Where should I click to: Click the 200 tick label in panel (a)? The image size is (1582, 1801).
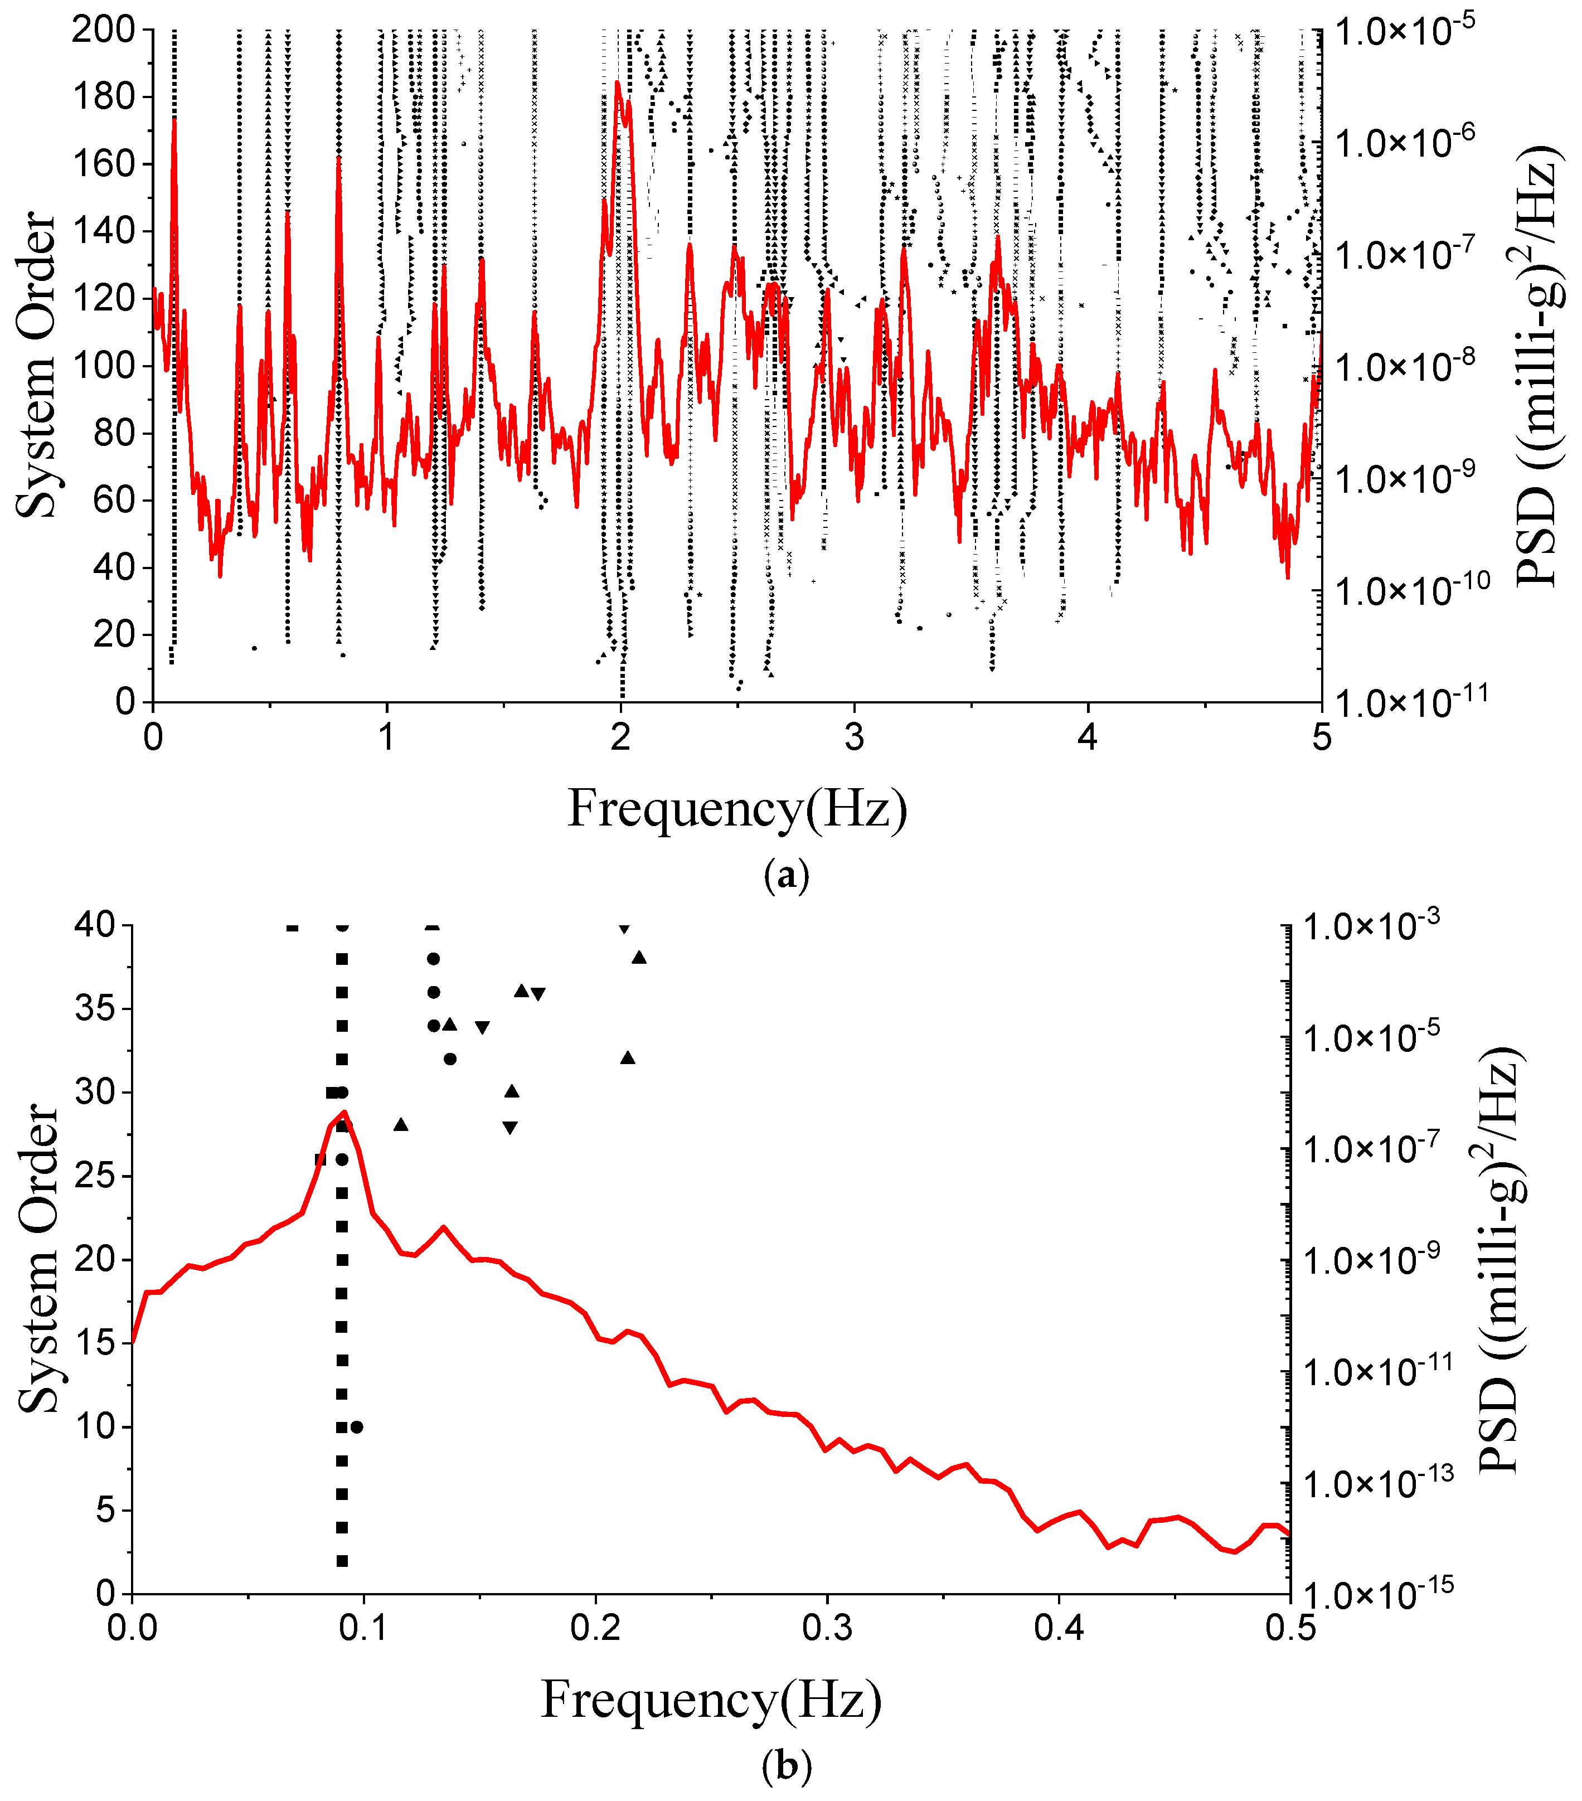coord(101,30)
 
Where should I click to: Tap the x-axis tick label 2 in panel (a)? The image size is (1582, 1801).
coord(620,736)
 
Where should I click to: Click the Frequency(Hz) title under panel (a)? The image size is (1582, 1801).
coord(737,808)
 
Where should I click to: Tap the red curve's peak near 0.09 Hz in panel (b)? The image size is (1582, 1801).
coord(344,1112)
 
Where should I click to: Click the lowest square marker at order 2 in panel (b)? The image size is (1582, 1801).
coord(342,1560)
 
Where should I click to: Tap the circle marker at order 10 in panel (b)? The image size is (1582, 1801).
coord(357,1426)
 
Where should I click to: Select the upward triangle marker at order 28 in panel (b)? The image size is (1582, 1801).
coord(401,1124)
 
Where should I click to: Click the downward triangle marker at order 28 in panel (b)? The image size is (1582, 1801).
coord(509,1127)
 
